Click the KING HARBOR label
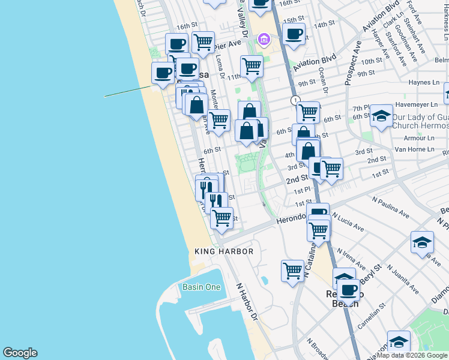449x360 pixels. (x=224, y=251)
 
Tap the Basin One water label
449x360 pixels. (x=201, y=287)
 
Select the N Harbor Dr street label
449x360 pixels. (x=247, y=301)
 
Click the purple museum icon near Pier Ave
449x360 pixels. (x=262, y=40)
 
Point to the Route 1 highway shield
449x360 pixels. (x=295, y=100)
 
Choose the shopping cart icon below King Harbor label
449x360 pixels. (x=292, y=270)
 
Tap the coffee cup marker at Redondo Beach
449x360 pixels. (x=348, y=290)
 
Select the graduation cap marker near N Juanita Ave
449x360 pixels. (x=422, y=242)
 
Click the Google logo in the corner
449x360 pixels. (x=20, y=353)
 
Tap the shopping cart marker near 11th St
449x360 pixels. (x=252, y=65)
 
